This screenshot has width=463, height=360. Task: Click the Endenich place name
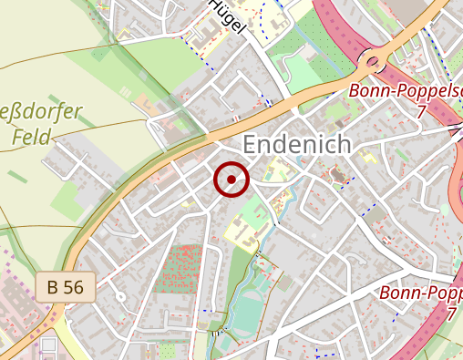(296, 144)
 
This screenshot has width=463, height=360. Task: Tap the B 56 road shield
(67, 287)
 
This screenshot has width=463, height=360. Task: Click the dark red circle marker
(231, 179)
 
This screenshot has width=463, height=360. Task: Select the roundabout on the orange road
(373, 63)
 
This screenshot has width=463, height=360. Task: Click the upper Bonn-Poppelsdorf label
(406, 93)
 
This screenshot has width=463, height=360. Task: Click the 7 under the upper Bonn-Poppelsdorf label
(421, 112)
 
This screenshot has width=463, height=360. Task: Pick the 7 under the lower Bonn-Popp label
(451, 313)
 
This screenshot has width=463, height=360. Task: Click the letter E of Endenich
(252, 144)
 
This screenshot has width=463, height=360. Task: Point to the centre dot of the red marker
(231, 179)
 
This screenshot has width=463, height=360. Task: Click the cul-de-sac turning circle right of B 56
(118, 297)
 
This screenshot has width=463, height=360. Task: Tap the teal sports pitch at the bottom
(246, 310)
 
